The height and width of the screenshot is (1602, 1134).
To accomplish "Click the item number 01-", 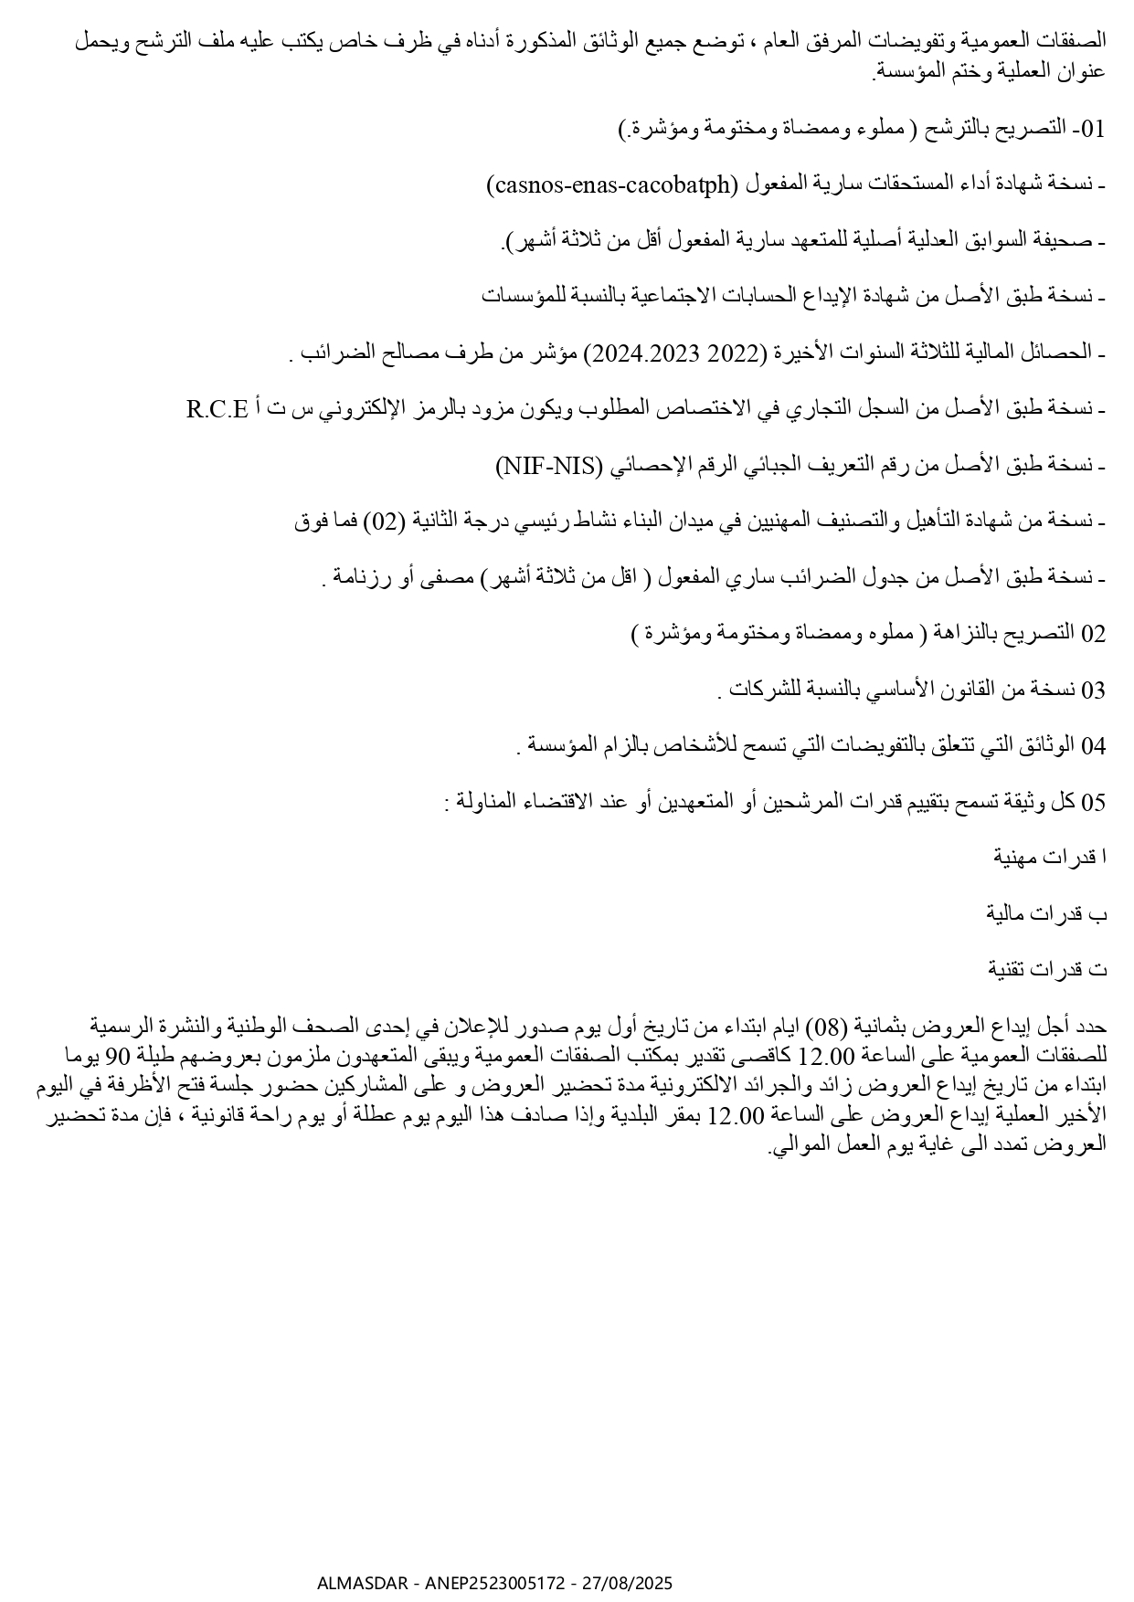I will point(1090,129).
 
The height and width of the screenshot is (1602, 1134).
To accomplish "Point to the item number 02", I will point(1094,634).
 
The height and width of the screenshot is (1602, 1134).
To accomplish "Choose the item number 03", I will point(1094,690).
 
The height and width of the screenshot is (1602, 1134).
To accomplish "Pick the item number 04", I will point(1094,746).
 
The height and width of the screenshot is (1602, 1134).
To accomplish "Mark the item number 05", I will point(1094,803).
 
